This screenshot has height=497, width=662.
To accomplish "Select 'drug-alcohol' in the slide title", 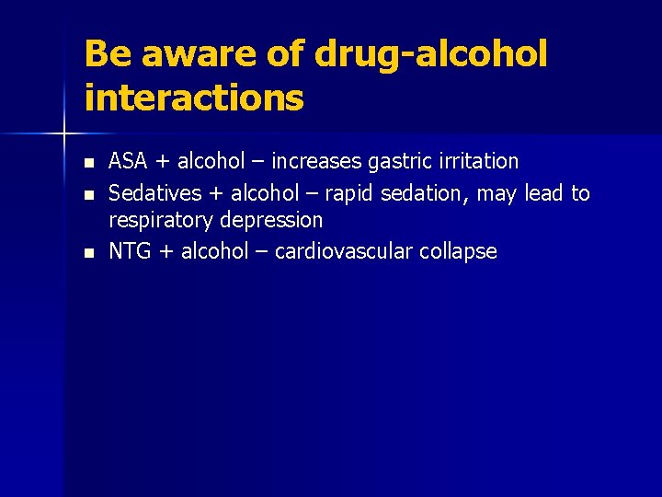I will point(430,54).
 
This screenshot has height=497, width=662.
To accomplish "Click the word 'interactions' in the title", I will point(193,97).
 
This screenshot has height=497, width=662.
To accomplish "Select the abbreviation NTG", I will point(130,252).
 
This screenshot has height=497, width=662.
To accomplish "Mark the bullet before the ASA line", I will point(88,163).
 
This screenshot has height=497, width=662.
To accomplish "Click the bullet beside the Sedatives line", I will point(88,194).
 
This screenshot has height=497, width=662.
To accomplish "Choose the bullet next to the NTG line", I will point(88,253).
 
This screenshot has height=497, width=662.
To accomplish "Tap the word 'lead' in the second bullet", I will point(544,193).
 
